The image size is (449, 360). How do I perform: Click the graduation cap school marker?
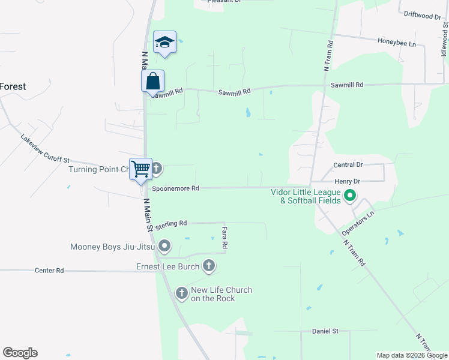point(164,43)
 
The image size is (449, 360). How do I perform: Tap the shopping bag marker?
point(153,81)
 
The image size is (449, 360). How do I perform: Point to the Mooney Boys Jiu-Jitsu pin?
point(165,246)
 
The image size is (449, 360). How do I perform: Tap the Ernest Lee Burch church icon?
point(208,265)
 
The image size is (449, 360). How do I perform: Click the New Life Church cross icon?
point(182,293)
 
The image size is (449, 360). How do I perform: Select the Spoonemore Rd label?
point(175,188)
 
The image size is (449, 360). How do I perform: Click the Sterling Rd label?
point(171,224)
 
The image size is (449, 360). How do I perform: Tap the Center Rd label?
point(49,271)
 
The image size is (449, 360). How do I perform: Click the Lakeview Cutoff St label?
point(45,148)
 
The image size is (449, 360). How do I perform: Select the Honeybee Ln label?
point(397,43)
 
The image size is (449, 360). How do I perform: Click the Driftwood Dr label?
point(422,16)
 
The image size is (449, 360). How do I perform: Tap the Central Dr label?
point(348,164)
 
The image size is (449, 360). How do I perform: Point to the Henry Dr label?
point(346,181)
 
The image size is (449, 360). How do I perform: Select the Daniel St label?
point(325,331)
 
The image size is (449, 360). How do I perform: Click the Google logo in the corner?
point(20,353)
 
